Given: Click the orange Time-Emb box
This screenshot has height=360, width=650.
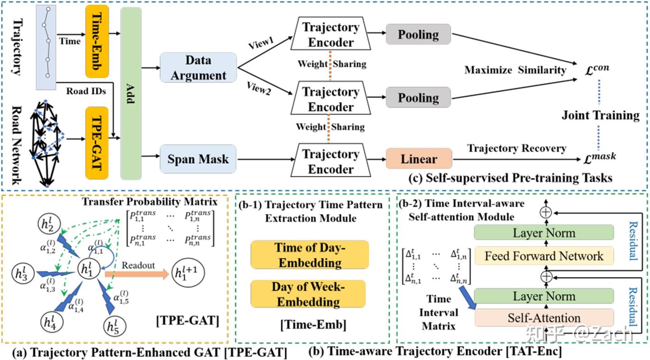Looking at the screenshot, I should click(x=96, y=42).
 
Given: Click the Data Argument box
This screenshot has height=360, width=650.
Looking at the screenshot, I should click(x=198, y=67).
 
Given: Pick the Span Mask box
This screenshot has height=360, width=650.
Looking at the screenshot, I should click(x=198, y=159).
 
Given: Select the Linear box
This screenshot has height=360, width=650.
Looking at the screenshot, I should click(x=419, y=159).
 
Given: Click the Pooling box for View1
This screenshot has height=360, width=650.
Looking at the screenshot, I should click(x=418, y=35).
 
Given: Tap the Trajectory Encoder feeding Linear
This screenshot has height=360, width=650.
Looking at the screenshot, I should click(x=328, y=161).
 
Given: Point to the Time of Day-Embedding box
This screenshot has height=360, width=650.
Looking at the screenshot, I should click(x=309, y=254).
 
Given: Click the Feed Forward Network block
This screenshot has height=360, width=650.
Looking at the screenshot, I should click(x=544, y=256).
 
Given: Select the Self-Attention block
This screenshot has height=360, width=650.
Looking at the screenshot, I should click(x=544, y=318).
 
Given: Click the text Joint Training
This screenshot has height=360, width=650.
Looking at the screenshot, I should click(x=600, y=115).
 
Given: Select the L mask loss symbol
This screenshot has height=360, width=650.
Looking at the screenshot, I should click(x=598, y=158).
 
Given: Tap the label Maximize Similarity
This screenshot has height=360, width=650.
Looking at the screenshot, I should click(x=515, y=70).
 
